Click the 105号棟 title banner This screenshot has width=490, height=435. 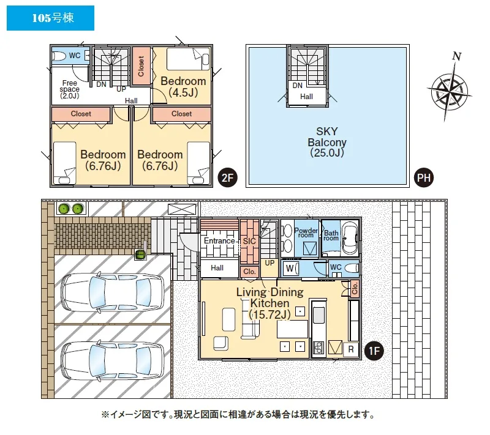(50, 18)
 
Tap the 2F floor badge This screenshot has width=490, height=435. (227, 178)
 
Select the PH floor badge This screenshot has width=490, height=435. (424, 178)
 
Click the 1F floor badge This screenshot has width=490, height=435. (374, 351)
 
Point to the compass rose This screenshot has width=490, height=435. (450, 87)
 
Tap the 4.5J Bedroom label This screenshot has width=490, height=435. (183, 87)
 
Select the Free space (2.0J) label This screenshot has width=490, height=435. (69, 89)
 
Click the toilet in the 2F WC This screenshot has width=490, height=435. (59, 56)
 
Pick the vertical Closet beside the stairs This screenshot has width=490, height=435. (141, 66)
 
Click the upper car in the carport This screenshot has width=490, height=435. (113, 292)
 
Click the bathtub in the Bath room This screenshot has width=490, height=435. (350, 239)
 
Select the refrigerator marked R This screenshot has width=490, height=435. (350, 349)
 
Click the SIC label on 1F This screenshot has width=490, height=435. (249, 241)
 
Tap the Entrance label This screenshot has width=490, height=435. (219, 240)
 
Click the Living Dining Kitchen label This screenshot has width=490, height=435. (270, 303)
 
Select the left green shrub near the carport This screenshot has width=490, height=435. (64, 209)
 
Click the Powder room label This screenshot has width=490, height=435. (306, 232)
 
